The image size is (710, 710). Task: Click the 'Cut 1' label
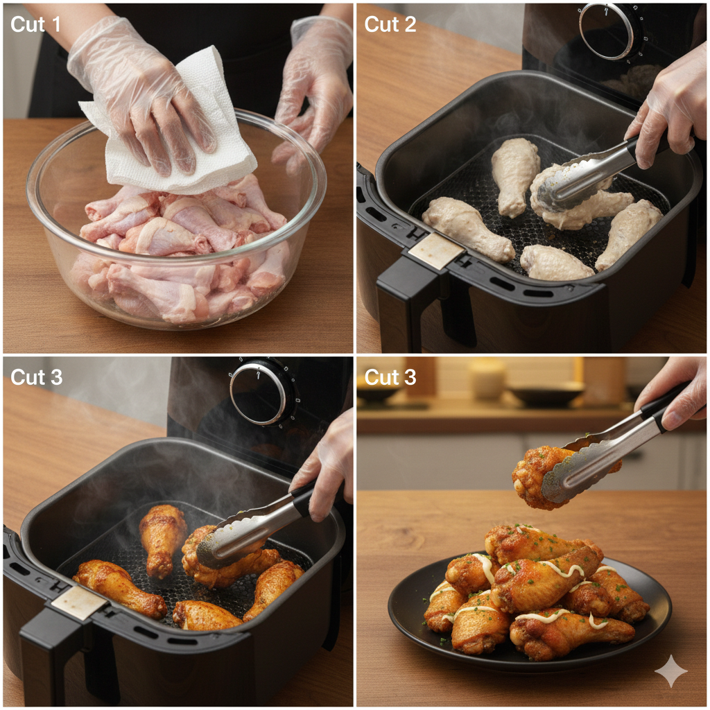(35, 24)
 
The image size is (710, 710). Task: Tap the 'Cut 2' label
(390, 24)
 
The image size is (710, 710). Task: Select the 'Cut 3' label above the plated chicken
(390, 376)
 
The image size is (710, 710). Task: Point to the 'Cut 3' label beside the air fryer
(36, 376)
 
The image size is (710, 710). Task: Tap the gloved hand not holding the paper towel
(313, 86)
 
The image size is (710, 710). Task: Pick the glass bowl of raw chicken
(176, 222)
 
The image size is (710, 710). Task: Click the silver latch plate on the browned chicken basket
(79, 603)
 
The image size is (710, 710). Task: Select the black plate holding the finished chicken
(530, 612)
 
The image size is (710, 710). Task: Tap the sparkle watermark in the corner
(671, 671)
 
